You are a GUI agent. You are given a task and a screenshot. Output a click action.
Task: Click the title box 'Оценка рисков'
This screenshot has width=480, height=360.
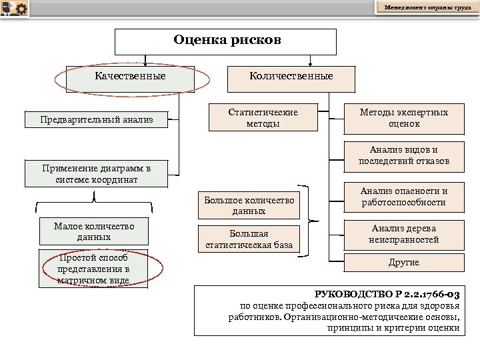tap(226, 41)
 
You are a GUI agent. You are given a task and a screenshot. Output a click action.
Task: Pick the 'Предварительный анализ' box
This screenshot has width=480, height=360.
tap(97, 120)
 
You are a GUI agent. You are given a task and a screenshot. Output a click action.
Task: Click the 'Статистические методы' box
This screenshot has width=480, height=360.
tap(263, 118)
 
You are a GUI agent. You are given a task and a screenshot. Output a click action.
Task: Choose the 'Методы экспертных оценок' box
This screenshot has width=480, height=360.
tap(403, 118)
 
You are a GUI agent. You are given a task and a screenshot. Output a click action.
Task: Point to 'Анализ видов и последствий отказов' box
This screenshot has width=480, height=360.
tap(403, 155)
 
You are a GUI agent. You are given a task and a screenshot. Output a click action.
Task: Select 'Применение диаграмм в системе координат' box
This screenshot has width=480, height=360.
tap(97, 174)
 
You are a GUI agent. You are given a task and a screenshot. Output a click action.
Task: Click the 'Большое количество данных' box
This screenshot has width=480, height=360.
tap(249, 205)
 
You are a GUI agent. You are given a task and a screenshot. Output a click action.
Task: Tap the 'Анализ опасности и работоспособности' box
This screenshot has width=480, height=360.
tap(403, 197)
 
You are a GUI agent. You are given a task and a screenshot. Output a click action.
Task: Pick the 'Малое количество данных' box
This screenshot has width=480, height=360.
tap(94, 231)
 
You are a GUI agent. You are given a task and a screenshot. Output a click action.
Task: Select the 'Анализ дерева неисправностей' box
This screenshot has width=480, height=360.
tap(403, 234)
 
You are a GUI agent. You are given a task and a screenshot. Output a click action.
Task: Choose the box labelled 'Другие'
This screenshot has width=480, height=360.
tap(403, 263)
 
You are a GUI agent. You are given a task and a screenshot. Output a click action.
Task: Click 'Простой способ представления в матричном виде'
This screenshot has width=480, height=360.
tap(93, 269)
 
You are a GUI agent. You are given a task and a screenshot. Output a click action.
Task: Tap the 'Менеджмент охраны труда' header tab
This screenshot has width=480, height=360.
tap(427, 7)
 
